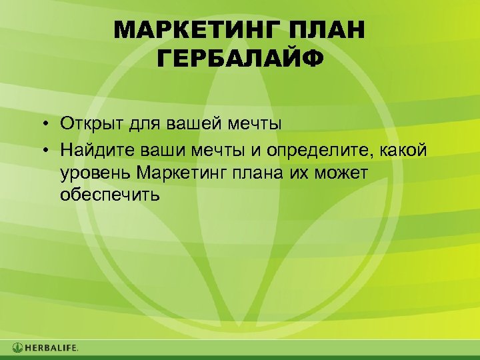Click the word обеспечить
pyautogui.click(x=109, y=195)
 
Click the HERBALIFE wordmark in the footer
pyautogui.click(x=51, y=347)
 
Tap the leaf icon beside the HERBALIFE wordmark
pyautogui.click(x=17, y=347)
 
